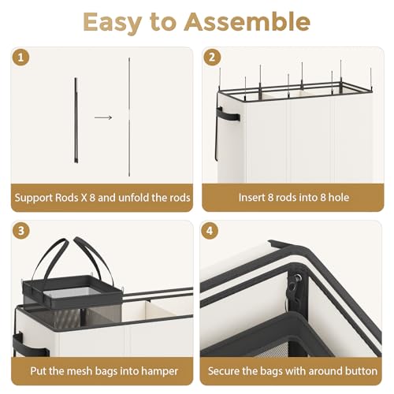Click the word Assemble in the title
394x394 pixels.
(x=247, y=22)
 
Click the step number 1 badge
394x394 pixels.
(x=21, y=58)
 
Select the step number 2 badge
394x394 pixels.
(x=212, y=58)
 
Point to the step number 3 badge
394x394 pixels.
(x=21, y=231)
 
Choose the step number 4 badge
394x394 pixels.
(x=210, y=231)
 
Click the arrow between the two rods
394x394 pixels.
(x=103, y=117)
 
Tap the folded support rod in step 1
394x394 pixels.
(x=76, y=121)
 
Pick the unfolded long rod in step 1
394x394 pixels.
(x=129, y=117)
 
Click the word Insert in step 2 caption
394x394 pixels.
(x=252, y=198)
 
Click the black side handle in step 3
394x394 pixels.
(x=29, y=344)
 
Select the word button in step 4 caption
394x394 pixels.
(x=361, y=371)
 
